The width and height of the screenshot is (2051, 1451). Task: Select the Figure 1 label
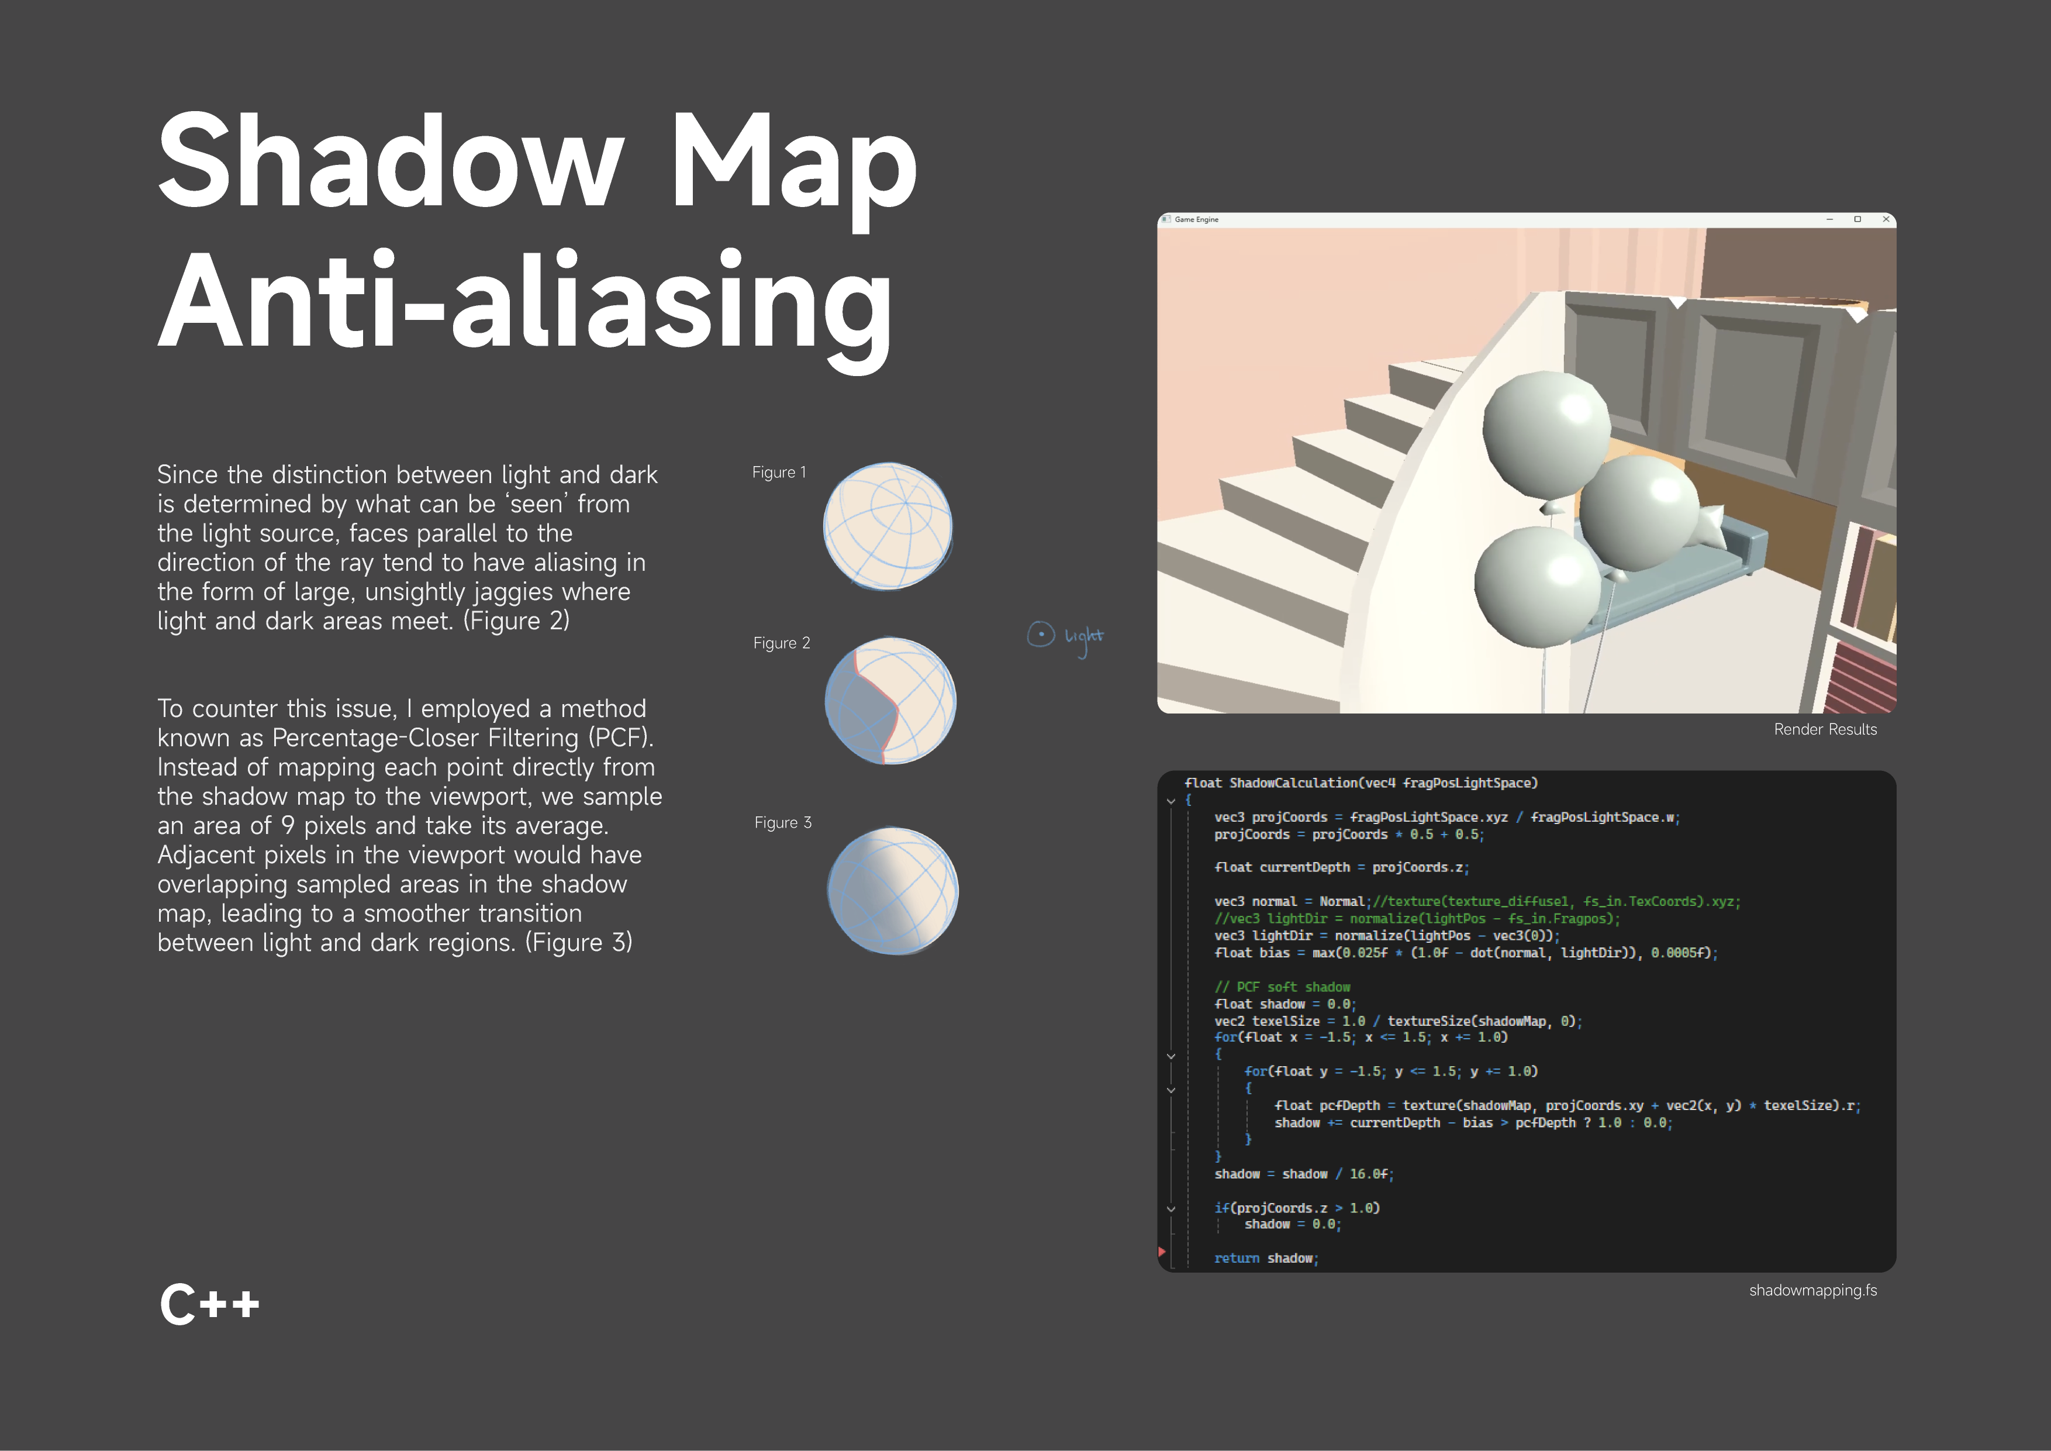pos(778,472)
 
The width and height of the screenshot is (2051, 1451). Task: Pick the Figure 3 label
pos(782,822)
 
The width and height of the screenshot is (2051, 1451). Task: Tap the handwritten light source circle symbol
pos(1041,635)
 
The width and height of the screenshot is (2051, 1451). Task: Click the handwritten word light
pos(1083,636)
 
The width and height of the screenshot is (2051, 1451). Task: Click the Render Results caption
pos(1825,729)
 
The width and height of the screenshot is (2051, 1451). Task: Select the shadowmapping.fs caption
pos(1812,1290)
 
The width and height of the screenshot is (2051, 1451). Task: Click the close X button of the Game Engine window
pos(1886,219)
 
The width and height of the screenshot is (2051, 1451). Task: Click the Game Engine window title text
pos(1196,219)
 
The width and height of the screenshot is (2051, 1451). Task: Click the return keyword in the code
pos(1237,1258)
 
